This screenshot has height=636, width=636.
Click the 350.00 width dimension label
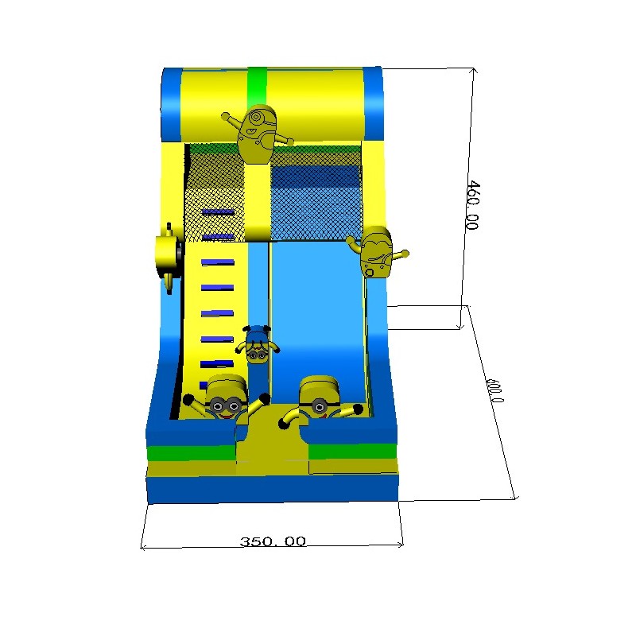coord(273,541)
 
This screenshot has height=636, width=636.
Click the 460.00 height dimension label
coord(472,205)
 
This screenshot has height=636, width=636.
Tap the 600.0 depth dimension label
coord(494,390)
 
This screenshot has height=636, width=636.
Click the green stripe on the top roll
coord(257,87)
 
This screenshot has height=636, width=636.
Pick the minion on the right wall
coord(376,251)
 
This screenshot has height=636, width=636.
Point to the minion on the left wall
coord(169,258)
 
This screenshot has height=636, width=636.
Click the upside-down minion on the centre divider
coord(257,344)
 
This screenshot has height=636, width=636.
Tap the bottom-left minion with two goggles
coord(226,400)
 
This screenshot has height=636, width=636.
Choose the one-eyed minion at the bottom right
coord(320,401)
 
